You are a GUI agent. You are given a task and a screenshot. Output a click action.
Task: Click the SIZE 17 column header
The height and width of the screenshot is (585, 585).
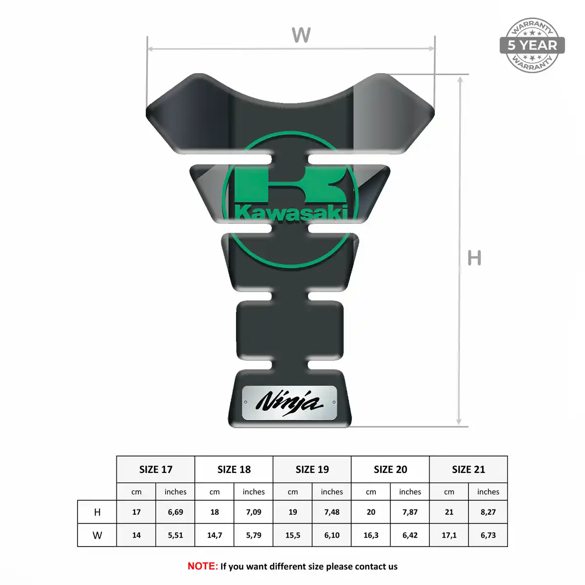(156, 469)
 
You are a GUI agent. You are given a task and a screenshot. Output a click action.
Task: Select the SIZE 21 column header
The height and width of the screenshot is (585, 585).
(468, 469)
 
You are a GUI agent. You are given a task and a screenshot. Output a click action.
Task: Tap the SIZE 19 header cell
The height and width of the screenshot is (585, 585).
(312, 469)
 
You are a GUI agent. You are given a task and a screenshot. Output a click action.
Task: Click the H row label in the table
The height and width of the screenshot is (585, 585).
(97, 512)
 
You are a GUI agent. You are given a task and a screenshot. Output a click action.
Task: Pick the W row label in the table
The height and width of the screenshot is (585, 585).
(97, 535)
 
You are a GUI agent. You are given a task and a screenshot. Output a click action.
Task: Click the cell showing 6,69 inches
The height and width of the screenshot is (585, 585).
(175, 512)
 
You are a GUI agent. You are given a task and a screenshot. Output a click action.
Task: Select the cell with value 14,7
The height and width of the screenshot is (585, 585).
(214, 535)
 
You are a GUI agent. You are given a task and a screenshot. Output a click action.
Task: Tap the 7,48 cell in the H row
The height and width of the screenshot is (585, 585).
(331, 512)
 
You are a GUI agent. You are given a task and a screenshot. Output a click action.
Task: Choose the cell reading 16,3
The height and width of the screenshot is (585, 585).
(370, 535)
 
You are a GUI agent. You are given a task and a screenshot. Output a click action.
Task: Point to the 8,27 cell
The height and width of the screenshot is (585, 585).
(488, 512)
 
